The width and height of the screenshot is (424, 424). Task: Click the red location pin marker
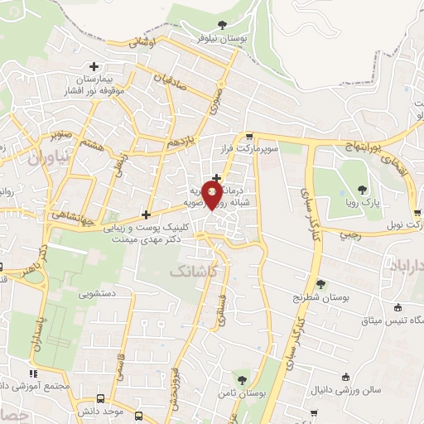213,195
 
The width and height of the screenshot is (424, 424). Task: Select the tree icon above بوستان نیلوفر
220,25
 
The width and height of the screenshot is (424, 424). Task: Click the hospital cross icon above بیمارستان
94,66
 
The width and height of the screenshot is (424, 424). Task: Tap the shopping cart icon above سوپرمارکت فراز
249,137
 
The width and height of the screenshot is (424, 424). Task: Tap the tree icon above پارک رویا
361,185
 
